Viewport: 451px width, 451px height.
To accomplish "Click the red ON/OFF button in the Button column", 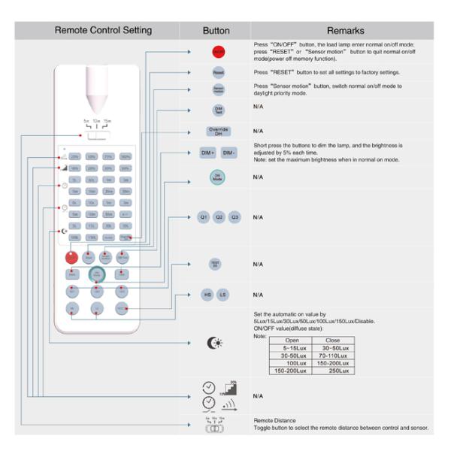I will [x=217, y=53].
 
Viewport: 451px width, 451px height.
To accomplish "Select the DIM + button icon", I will [x=207, y=153].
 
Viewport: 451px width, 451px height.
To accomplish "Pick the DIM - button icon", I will [x=229, y=153].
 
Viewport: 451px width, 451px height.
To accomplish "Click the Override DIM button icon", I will [x=217, y=131].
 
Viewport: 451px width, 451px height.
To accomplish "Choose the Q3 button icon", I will [x=235, y=216].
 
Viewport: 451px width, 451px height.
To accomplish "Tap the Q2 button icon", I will [x=219, y=216].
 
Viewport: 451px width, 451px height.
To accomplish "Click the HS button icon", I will [x=207, y=295].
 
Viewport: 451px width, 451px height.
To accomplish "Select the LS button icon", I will [x=222, y=295].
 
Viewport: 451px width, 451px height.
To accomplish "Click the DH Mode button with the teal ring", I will [x=217, y=178].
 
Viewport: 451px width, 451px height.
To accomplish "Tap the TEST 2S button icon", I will [x=216, y=264].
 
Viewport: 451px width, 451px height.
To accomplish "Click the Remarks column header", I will [x=345, y=31].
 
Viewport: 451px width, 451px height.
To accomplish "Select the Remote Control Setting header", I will [x=103, y=31].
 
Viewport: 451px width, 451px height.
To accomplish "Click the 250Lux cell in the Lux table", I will [x=332, y=371].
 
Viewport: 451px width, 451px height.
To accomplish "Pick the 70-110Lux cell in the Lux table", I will [x=332, y=356].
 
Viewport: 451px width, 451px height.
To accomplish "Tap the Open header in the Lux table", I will [x=291, y=341].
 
